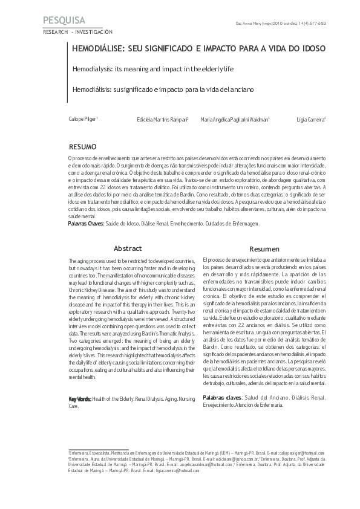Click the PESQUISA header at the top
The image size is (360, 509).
[65, 21]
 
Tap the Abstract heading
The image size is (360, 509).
[128, 248]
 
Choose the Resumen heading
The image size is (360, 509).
[264, 249]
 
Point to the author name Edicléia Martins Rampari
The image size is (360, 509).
[163, 120]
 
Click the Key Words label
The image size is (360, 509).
[80, 399]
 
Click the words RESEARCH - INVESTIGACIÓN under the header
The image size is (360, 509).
[77, 31]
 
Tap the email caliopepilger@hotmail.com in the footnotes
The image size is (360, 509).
[299, 453]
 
